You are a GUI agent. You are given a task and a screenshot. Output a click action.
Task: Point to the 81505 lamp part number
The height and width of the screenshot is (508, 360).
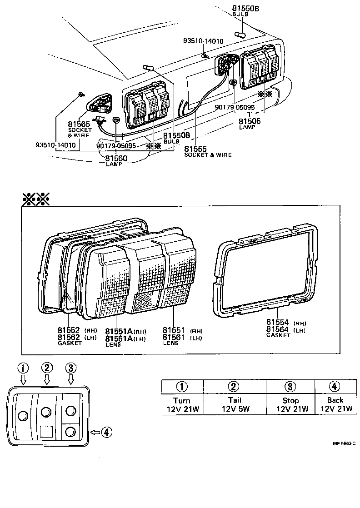pyautogui.click(x=250, y=121)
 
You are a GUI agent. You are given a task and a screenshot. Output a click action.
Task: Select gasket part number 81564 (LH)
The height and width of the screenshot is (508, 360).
pyautogui.click(x=278, y=329)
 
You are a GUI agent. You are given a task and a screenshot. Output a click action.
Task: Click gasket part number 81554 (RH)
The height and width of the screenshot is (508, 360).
pyautogui.click(x=278, y=322)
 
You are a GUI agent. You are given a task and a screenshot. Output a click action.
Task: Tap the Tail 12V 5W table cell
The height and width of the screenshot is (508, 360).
pyautogui.click(x=233, y=404)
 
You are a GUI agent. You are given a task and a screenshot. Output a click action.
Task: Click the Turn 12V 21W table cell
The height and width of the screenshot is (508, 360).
pyautogui.click(x=182, y=404)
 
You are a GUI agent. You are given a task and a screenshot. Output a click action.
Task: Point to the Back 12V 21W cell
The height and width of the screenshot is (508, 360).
pyautogui.click(x=335, y=404)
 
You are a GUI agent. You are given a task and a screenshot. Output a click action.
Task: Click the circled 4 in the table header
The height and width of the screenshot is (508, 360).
pyautogui.click(x=335, y=387)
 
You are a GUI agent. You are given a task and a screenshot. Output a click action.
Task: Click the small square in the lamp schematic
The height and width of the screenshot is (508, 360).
pyautogui.click(x=46, y=431)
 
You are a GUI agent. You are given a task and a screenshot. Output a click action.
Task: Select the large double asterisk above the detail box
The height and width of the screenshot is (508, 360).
pyautogui.click(x=36, y=199)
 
